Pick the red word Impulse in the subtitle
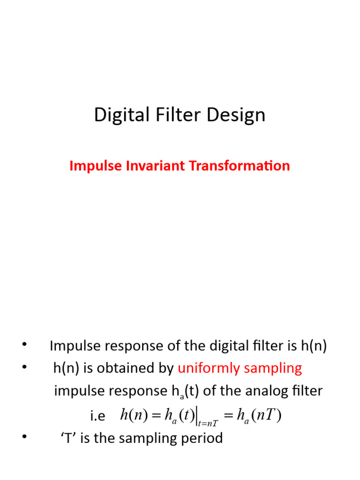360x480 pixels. click(90, 165)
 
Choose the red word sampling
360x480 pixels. click(275, 368)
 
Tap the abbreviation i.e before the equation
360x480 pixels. click(97, 415)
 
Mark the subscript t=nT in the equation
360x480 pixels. click(208, 423)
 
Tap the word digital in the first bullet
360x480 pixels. click(224, 346)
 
